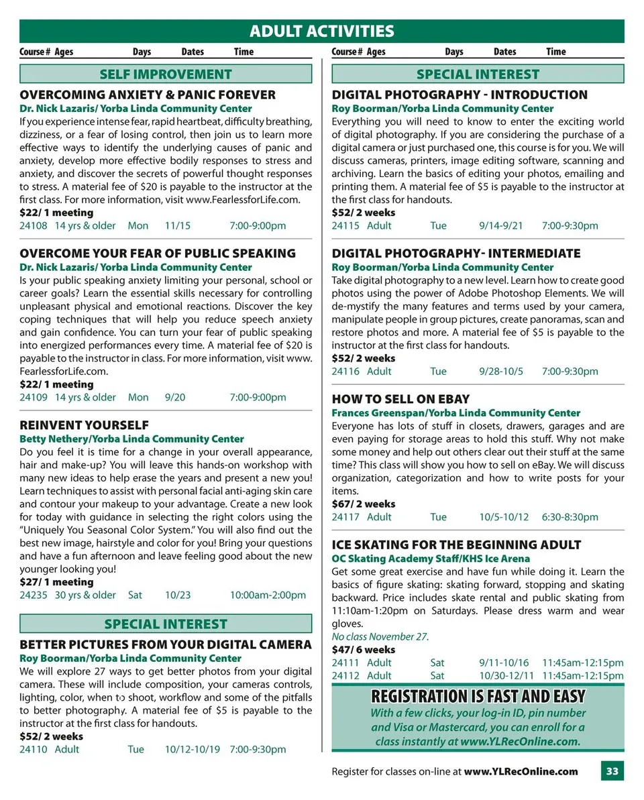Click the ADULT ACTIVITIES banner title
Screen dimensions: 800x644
tap(321, 31)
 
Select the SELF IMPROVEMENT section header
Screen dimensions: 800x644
tap(166, 74)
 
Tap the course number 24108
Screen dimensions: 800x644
tap(34, 226)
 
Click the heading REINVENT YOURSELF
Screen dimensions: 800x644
tap(85, 425)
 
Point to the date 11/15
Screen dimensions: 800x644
tap(178, 226)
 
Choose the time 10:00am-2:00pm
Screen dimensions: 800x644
tap(268, 595)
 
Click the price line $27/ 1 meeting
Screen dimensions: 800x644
tap(56, 582)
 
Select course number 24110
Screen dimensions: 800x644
tap(34, 749)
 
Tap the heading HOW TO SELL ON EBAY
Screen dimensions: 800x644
tap(400, 399)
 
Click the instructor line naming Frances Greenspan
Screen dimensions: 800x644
tap(456, 413)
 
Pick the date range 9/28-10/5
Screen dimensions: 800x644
tap(501, 372)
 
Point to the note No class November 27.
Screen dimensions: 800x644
tap(380, 636)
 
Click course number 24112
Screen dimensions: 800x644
tap(345, 675)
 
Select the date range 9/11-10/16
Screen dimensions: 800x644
tap(504, 663)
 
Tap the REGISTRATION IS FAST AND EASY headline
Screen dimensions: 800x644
tap(478, 696)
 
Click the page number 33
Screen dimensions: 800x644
tap(612, 771)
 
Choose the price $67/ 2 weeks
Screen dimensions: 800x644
tap(364, 504)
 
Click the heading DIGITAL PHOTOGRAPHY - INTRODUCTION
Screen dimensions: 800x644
tap(460, 95)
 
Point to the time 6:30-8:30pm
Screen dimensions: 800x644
tap(570, 517)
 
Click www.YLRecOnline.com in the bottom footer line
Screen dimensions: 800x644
tap(521, 771)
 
